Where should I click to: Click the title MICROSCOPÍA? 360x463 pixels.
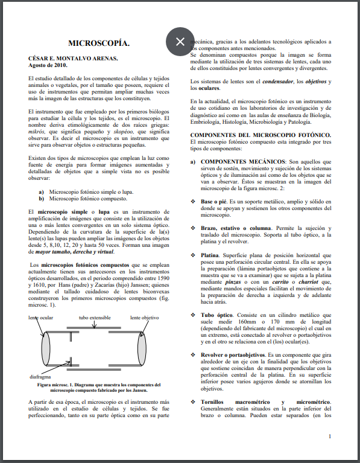pos(98,43)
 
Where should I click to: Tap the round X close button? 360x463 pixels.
pos(180,41)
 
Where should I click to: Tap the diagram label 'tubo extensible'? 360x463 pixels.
pos(95,317)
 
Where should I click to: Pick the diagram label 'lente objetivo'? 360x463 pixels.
pos(144,317)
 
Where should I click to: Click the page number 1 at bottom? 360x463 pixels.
pos(329,436)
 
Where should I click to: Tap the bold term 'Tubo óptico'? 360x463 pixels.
pos(218,315)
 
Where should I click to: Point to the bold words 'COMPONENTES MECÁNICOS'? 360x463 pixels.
pos(243,162)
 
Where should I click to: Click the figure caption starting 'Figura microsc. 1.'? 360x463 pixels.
pos(98,388)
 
